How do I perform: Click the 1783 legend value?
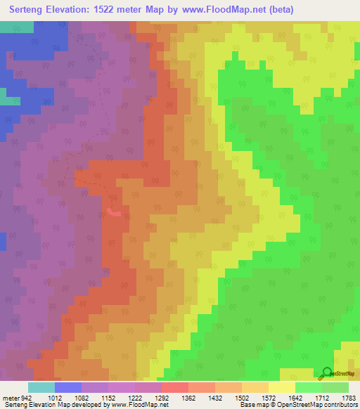[x=348, y=397]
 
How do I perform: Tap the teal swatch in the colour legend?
[x=41, y=387]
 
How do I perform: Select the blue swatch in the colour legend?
[x=67, y=387]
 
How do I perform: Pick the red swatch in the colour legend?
[x=174, y=387]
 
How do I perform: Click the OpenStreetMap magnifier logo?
[x=327, y=372]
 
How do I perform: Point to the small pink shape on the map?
[x=114, y=209]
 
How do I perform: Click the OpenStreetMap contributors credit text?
[x=326, y=405]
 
